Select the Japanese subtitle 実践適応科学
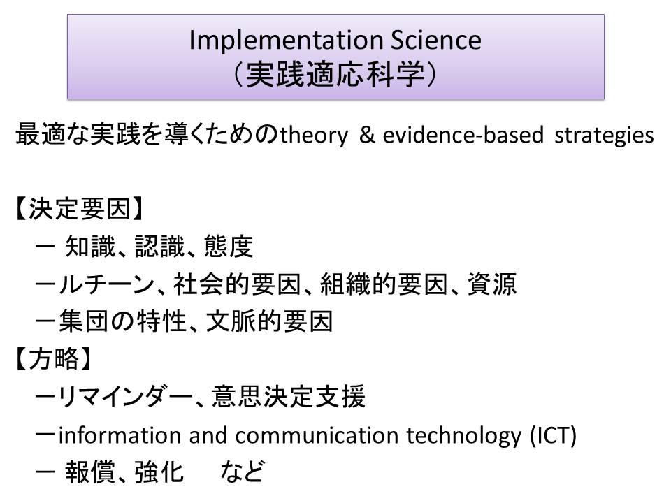[x=335, y=75]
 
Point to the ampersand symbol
[x=367, y=134]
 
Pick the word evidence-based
[x=463, y=134]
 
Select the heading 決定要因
[x=80, y=209]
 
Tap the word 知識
[x=90, y=247]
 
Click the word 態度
[x=229, y=247]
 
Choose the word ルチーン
[x=106, y=284]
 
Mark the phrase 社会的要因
[x=237, y=284]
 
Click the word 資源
[x=492, y=284]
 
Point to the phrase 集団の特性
[x=122, y=321]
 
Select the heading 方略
[x=55, y=358]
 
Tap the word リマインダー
[x=125, y=397]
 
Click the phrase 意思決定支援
[x=289, y=396]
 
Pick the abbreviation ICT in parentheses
[x=553, y=435]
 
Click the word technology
[x=464, y=436]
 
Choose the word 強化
[x=159, y=472]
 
